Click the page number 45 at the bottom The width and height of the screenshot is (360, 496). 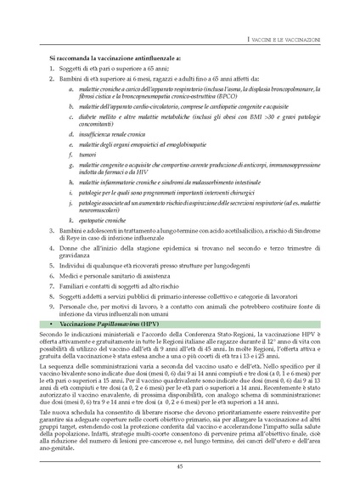[180, 466]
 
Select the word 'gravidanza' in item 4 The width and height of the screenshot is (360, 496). [78, 255]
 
